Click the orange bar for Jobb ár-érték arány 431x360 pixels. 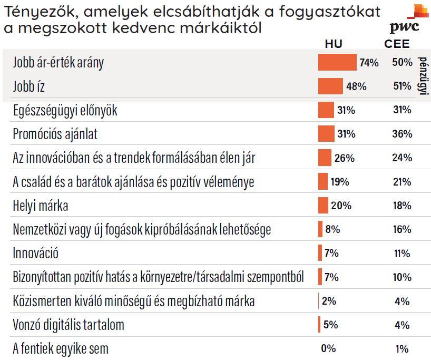tap(337, 62)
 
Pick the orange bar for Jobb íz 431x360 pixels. tap(330, 86)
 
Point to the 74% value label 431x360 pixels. tap(369, 63)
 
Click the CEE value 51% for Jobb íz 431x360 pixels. tap(402, 86)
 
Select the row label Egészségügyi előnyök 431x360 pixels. tap(65, 110)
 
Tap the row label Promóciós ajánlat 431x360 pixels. tap(55, 134)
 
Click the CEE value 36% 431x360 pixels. tap(402, 134)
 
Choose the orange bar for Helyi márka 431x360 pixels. tap(323, 206)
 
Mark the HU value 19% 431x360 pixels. tap(340, 182)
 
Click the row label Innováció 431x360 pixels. tap(36, 253)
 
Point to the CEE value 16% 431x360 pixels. tap(402, 229)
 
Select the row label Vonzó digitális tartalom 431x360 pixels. tap(68, 325)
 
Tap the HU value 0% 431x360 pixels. tap(328, 348)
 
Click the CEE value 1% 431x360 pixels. tap(402, 348)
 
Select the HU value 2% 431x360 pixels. tap(329, 301)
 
